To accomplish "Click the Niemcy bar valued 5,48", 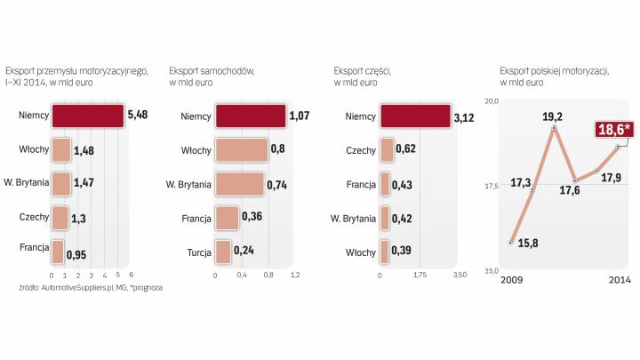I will point(87,116).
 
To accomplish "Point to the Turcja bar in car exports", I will point(223,252).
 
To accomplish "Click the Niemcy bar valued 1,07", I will point(251,116).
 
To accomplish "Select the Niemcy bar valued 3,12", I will point(414,116).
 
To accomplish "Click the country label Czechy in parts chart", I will point(361,149).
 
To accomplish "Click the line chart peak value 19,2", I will point(553,116).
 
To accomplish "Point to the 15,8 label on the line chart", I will point(528,243).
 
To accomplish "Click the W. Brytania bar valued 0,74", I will point(240,183).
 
